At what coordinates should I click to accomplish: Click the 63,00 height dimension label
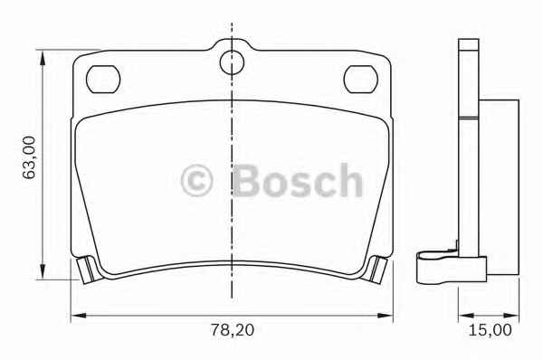pyautogui.click(x=29, y=157)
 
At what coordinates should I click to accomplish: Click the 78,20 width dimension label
pyautogui.click(x=233, y=330)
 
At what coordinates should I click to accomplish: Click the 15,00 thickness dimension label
pyautogui.click(x=490, y=330)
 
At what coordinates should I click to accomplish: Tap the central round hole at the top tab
pyautogui.click(x=232, y=62)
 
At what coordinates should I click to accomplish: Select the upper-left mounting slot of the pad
pyautogui.click(x=103, y=80)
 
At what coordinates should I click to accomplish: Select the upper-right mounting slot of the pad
pyautogui.click(x=360, y=80)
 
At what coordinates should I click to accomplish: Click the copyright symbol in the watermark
pyautogui.click(x=196, y=181)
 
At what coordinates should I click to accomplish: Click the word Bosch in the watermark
pyautogui.click(x=298, y=180)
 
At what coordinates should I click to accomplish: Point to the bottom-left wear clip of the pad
pyautogui.click(x=86, y=270)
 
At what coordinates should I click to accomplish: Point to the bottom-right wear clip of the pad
pyautogui.click(x=376, y=270)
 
